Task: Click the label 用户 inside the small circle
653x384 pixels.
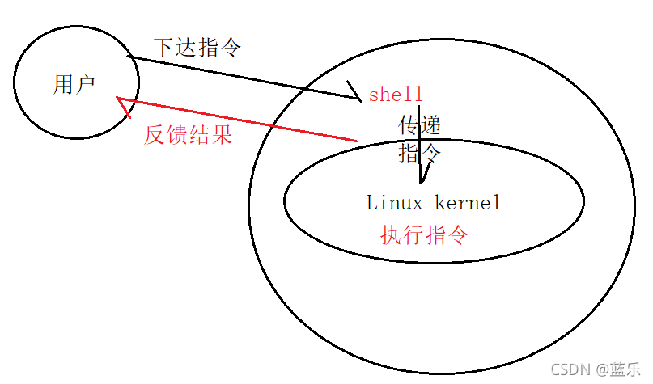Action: [x=74, y=84]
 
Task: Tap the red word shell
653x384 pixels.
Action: [x=396, y=95]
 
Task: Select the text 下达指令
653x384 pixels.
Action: [x=197, y=48]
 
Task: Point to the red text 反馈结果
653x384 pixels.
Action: [x=188, y=135]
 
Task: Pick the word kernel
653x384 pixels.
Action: [x=468, y=202]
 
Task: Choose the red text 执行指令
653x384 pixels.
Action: [x=424, y=235]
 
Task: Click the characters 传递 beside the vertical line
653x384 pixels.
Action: [x=421, y=125]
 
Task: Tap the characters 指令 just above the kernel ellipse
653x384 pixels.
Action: [x=420, y=153]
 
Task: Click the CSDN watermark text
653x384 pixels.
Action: [x=570, y=369]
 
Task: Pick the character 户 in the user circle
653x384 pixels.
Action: [x=86, y=84]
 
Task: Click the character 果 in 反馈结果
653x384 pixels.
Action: [x=222, y=135]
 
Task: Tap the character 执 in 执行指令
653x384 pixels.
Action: [x=391, y=235]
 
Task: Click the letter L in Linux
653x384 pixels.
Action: [x=372, y=202]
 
